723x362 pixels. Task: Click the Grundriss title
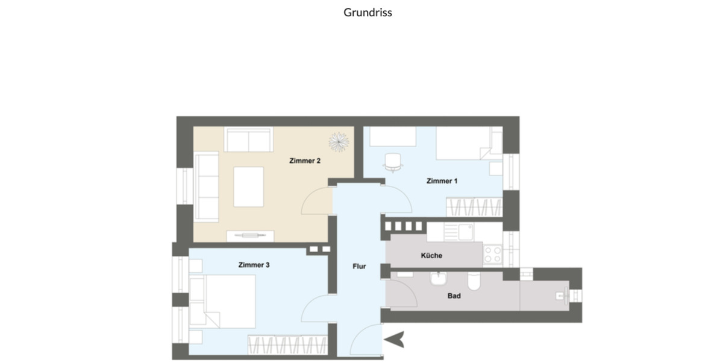tap(368, 12)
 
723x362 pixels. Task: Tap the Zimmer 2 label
tap(305, 161)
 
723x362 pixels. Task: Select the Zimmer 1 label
tap(442, 181)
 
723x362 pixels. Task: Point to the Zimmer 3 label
tap(254, 265)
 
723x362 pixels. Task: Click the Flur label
tap(359, 266)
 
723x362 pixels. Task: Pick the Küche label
tap(431, 255)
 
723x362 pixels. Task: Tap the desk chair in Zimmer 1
tap(393, 162)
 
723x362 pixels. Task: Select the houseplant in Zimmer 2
tap(339, 141)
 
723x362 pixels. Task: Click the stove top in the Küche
tap(493, 254)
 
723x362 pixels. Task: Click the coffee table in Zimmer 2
tap(249, 186)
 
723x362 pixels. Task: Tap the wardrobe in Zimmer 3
tap(287, 346)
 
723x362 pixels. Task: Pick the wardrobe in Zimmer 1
tap(474, 207)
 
